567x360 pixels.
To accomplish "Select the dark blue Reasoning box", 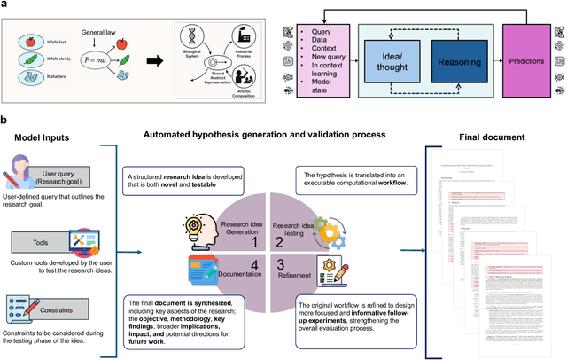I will click(x=451, y=64).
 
